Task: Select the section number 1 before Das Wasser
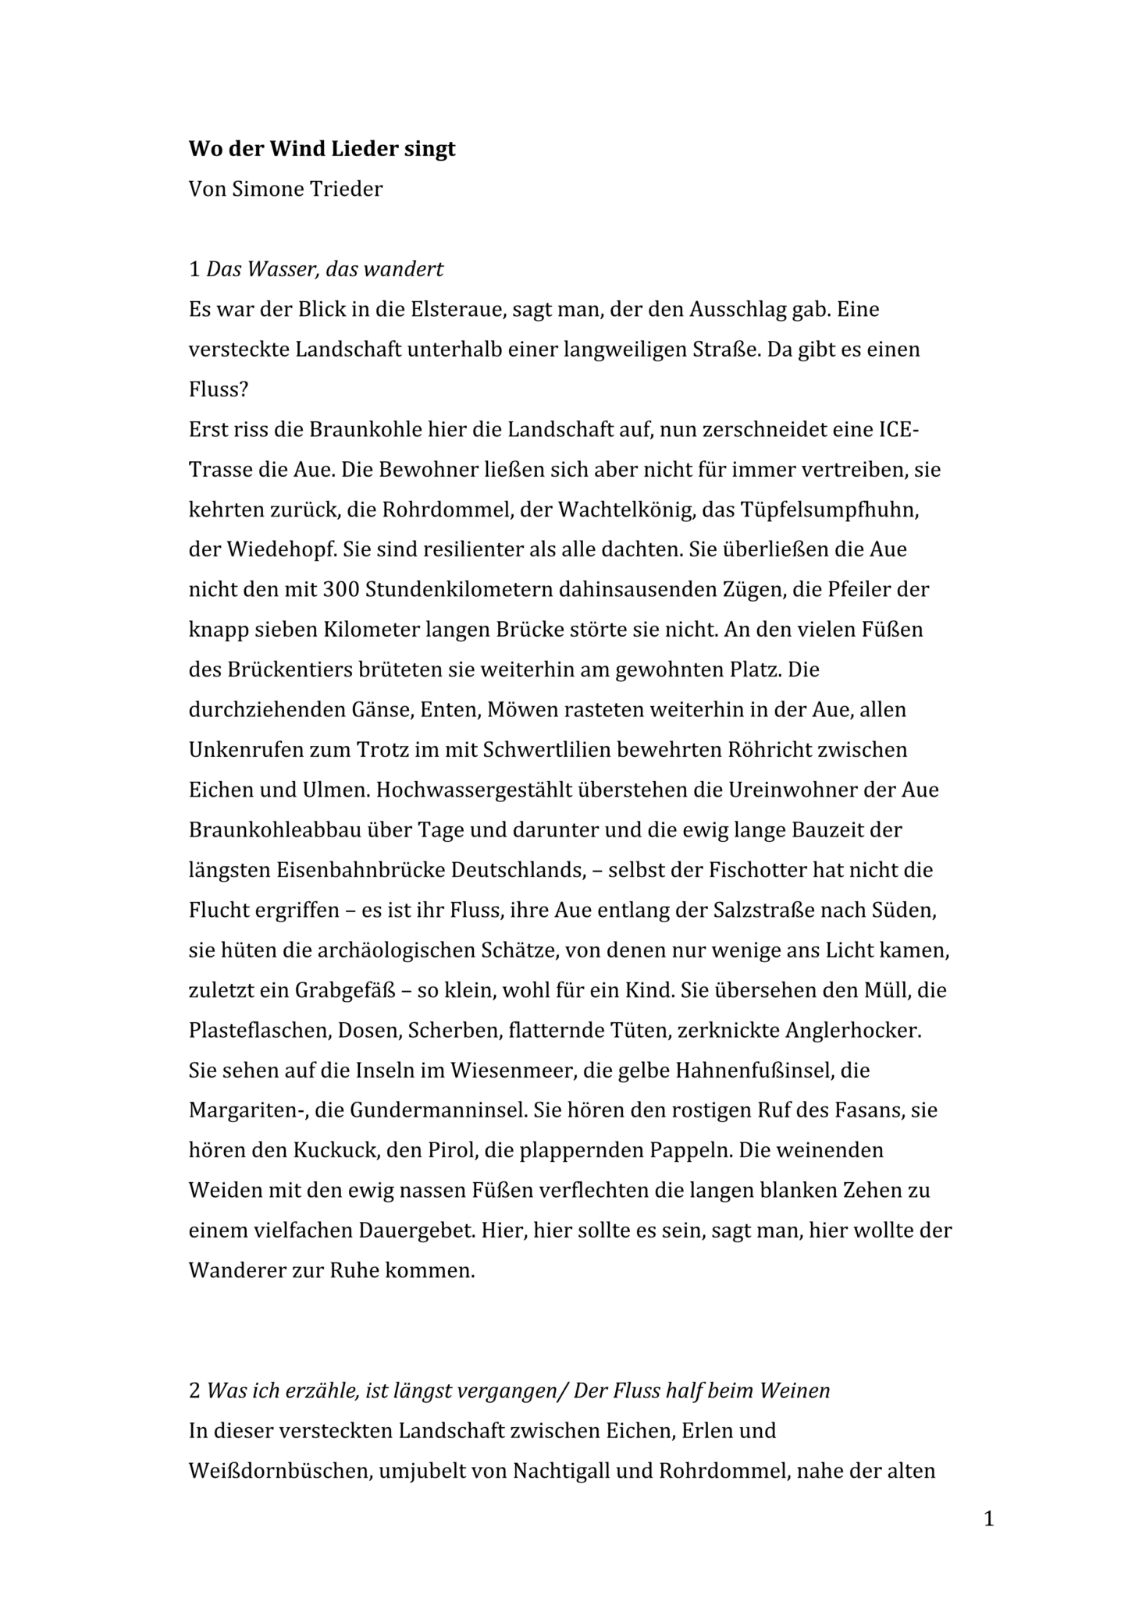(x=194, y=270)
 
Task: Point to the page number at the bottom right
(x=989, y=1518)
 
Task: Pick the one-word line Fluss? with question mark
(x=214, y=390)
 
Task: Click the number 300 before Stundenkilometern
(x=340, y=591)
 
